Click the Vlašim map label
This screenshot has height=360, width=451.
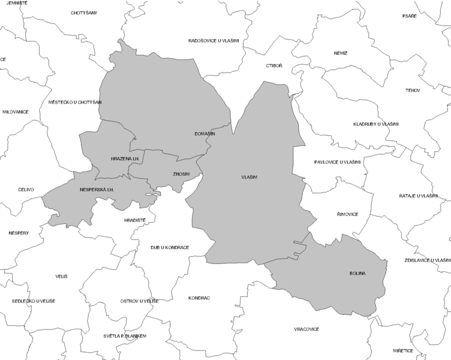(249, 178)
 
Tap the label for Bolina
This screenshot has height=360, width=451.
(357, 274)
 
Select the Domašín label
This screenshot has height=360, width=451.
(205, 134)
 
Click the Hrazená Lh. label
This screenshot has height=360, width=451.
(125, 158)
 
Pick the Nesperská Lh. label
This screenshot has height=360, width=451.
(97, 190)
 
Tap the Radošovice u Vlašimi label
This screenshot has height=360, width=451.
(214, 41)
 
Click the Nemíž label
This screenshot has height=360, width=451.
(341, 53)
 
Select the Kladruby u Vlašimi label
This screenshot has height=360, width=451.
(376, 124)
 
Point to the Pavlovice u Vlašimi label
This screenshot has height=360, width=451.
(337, 162)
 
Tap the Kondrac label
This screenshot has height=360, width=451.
(199, 298)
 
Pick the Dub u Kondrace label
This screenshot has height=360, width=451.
(170, 247)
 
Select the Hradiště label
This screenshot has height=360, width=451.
(135, 220)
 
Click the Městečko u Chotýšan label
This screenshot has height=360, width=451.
(75, 102)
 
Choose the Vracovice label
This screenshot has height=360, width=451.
(306, 329)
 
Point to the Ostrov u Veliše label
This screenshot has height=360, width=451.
(139, 301)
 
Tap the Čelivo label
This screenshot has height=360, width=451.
(26, 190)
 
